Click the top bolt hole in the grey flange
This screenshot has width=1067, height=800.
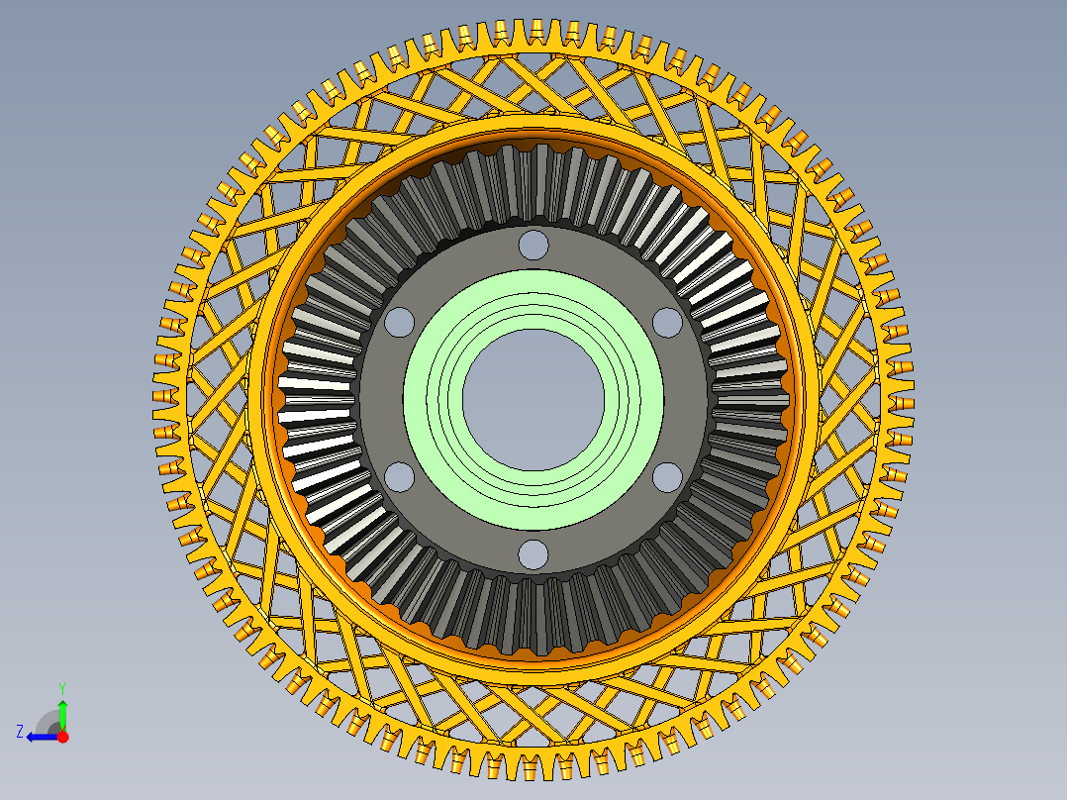[533, 246]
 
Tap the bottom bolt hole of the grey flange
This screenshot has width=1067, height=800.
[533, 554]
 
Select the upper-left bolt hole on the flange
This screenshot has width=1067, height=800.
[400, 322]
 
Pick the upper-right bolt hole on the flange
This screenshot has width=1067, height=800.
[667, 322]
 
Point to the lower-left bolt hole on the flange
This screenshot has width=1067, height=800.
[400, 477]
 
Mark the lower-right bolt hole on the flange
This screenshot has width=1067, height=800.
[667, 477]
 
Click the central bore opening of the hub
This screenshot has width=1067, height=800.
[533, 400]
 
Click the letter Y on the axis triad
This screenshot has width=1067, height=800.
[62, 688]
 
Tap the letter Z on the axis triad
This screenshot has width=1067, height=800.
[20, 732]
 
